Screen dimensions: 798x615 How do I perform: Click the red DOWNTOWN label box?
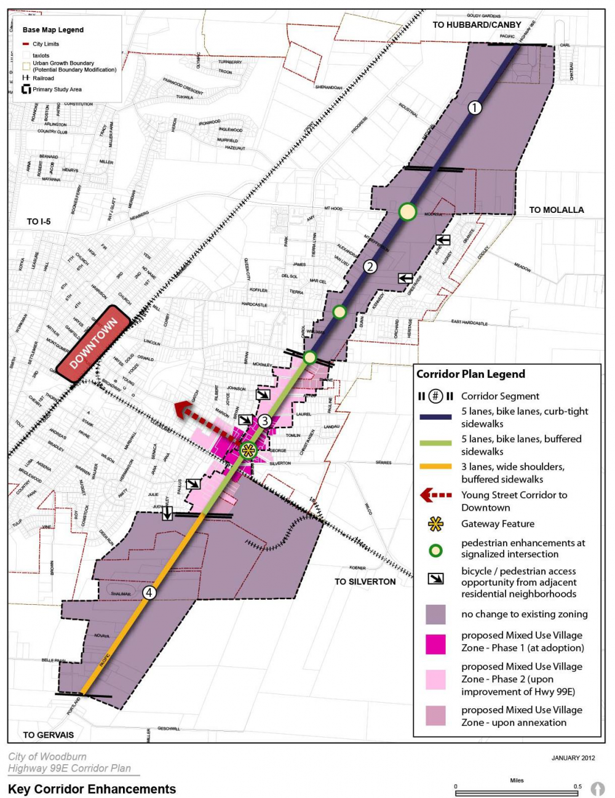point(93,345)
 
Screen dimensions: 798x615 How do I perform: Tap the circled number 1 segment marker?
point(474,107)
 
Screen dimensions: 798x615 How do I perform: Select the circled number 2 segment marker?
point(370,266)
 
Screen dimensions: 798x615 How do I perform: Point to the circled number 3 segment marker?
point(264,421)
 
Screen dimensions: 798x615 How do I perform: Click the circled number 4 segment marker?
point(149,593)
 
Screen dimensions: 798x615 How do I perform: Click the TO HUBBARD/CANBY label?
point(477,25)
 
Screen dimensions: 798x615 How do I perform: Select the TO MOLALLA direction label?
point(556,210)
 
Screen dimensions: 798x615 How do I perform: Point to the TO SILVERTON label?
point(365,581)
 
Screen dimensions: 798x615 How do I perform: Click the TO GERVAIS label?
point(48,735)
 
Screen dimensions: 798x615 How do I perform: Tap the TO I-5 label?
point(39,221)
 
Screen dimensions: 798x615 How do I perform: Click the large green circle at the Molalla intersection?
point(407,212)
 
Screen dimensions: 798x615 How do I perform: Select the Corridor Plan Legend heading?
point(470,374)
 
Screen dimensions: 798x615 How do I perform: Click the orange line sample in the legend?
point(435,466)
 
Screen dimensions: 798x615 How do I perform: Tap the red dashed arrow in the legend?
point(435,495)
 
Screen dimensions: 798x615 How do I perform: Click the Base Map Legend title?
point(53,30)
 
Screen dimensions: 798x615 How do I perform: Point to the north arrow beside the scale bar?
point(597,788)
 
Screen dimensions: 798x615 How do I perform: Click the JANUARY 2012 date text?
point(573,758)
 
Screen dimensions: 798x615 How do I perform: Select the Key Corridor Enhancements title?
point(92,789)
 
